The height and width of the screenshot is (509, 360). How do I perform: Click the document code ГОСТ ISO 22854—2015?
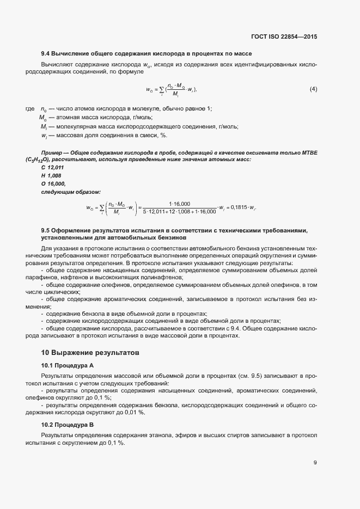pyautogui.click(x=284, y=36)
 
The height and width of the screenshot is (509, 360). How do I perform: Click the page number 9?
pyautogui.click(x=315, y=463)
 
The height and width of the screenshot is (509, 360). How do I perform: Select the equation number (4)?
pyautogui.click(x=313, y=89)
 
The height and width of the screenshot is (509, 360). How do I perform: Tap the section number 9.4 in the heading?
pyautogui.click(x=46, y=53)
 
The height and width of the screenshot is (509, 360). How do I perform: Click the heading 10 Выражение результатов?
pyautogui.click(x=83, y=353)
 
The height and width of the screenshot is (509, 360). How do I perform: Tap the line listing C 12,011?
pyautogui.click(x=52, y=168)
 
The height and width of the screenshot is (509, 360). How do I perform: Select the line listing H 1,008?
pyautogui.click(x=51, y=176)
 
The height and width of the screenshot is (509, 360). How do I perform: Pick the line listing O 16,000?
pyautogui.click(x=52, y=184)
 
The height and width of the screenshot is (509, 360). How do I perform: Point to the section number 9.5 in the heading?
pyautogui.click(x=46, y=230)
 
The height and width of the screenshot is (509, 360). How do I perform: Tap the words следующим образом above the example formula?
pyautogui.click(x=63, y=192)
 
